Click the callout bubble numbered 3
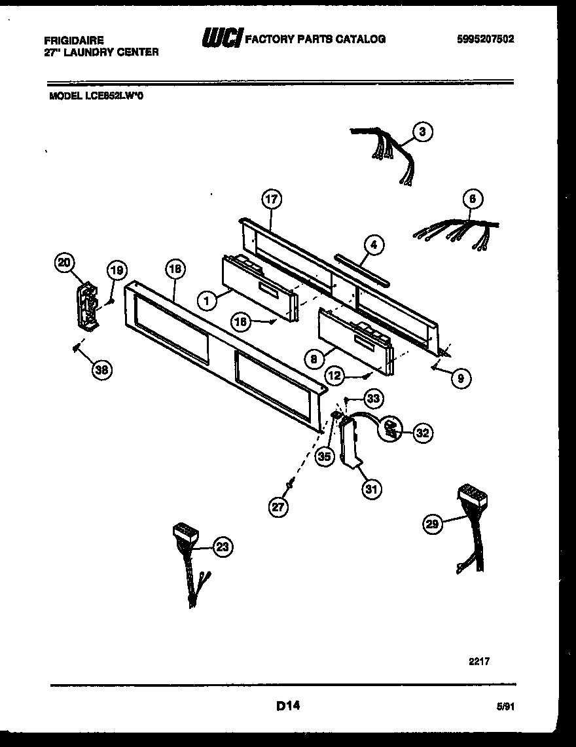[423, 132]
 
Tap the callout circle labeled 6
[472, 199]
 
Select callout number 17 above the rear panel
[271, 199]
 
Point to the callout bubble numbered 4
[373, 246]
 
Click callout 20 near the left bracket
[64, 263]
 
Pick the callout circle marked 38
[101, 370]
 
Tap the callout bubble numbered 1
[207, 301]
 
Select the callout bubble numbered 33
[374, 397]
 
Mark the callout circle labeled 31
[372, 488]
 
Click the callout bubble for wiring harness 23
[223, 548]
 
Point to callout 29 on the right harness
[432, 523]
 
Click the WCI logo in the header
[221, 39]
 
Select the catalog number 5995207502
[485, 39]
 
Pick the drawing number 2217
[479, 661]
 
